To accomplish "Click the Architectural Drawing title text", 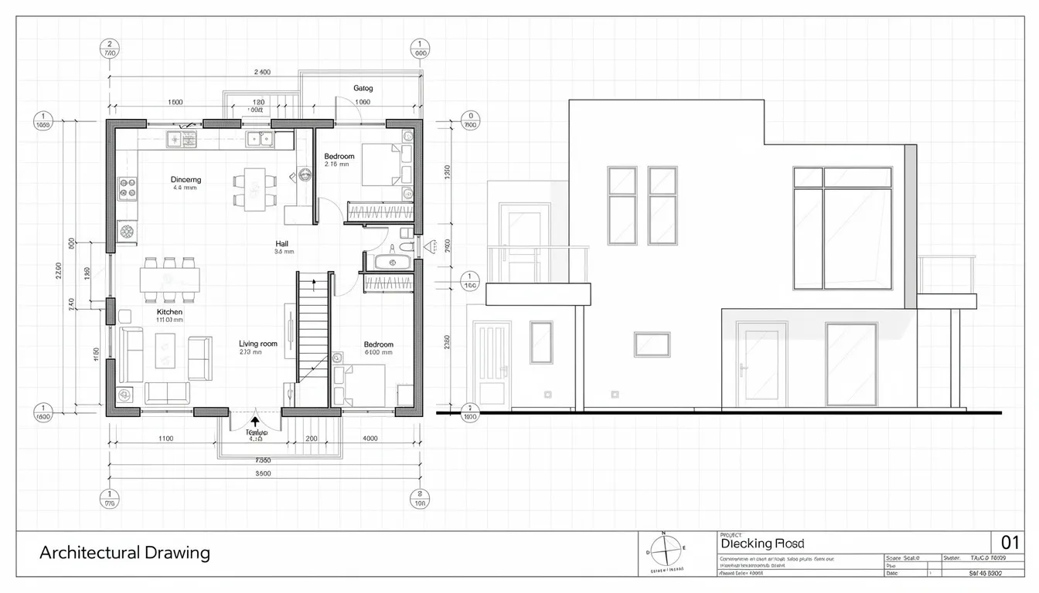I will tap(124, 553).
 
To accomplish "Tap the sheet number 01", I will tap(1010, 542).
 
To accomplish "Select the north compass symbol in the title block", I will tap(664, 551).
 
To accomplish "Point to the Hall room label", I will tap(283, 242).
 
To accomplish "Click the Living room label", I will tap(257, 344).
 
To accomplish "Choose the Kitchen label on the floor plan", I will tap(169, 312).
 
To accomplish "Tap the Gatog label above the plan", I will tap(363, 88).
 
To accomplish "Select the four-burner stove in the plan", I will tap(127, 187).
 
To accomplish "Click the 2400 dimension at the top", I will tap(262, 72).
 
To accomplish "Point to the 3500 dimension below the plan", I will tap(262, 474).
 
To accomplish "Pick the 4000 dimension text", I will tap(370, 438).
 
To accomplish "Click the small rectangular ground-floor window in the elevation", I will tap(652, 344).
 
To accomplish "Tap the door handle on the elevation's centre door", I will tap(743, 369).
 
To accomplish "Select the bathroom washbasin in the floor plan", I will tap(392, 261).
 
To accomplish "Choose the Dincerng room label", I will tap(185, 179).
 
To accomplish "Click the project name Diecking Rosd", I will tap(761, 544).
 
